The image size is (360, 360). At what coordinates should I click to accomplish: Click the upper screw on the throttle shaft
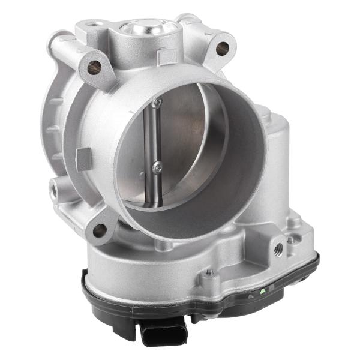coord(157,104)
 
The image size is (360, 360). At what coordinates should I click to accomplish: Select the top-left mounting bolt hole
coord(94,67)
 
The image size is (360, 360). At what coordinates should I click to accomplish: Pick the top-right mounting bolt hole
coord(223,48)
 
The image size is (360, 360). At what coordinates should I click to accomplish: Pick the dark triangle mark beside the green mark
coord(251,295)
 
